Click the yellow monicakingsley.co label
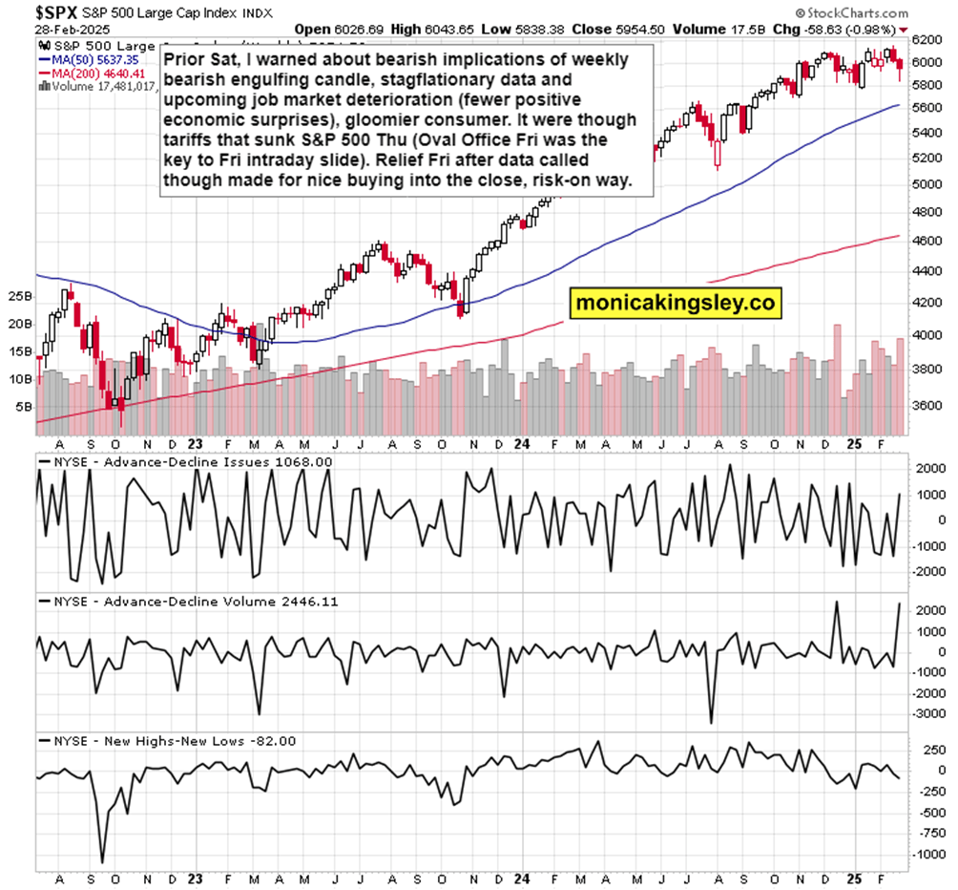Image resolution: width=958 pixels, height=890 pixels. pos(677,304)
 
